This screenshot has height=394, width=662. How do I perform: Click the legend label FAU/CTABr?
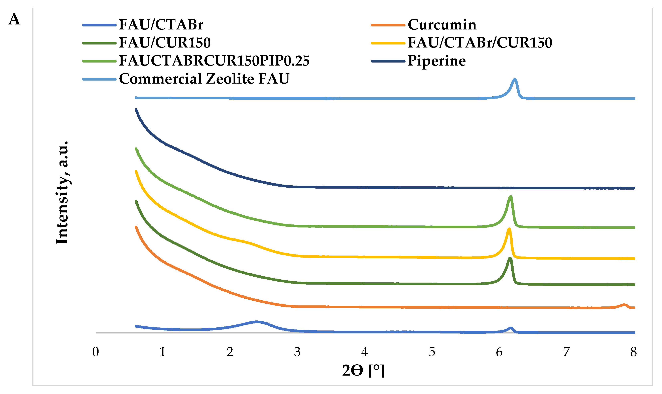(x=161, y=25)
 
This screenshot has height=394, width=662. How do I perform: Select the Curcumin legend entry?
(x=442, y=25)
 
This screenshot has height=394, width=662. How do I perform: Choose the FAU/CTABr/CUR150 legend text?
(x=480, y=42)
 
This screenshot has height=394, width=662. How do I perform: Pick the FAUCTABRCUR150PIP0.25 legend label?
(x=214, y=61)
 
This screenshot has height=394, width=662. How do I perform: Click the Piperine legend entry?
(x=436, y=61)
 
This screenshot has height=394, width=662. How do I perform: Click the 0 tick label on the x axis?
(x=96, y=352)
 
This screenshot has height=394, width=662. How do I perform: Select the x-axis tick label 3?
(x=297, y=352)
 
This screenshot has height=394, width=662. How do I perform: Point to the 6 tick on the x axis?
(x=499, y=352)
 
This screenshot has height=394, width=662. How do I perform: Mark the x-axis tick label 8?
(x=634, y=352)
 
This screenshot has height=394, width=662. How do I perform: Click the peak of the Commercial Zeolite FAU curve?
(x=515, y=79)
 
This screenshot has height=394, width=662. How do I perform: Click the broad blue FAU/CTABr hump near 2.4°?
(x=257, y=322)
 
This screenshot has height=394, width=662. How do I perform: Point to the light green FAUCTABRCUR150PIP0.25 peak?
(x=510, y=197)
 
